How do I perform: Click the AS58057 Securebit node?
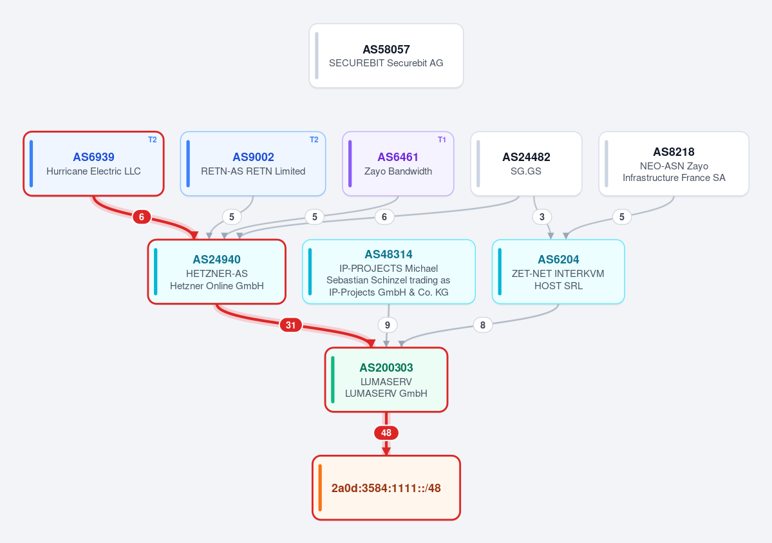point(386,55)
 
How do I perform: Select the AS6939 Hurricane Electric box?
point(93,164)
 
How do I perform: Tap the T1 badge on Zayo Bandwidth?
point(442,140)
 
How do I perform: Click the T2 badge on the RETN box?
point(314,140)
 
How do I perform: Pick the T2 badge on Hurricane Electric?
point(152,140)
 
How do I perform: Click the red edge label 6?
point(141,217)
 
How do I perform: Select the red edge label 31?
point(290,325)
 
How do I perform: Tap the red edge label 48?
point(386,433)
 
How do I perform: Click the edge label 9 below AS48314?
point(388,325)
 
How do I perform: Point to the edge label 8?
point(482,325)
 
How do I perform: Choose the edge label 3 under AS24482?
point(541,217)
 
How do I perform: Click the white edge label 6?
point(384,217)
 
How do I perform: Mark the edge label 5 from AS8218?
point(622,217)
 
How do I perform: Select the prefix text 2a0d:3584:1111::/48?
point(386,488)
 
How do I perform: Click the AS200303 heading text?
point(386,368)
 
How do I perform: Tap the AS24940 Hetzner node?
point(216,272)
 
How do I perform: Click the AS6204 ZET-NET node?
point(558,272)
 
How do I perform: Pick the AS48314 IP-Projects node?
point(388,272)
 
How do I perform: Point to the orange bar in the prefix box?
point(320,488)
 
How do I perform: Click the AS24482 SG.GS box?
point(526,164)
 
